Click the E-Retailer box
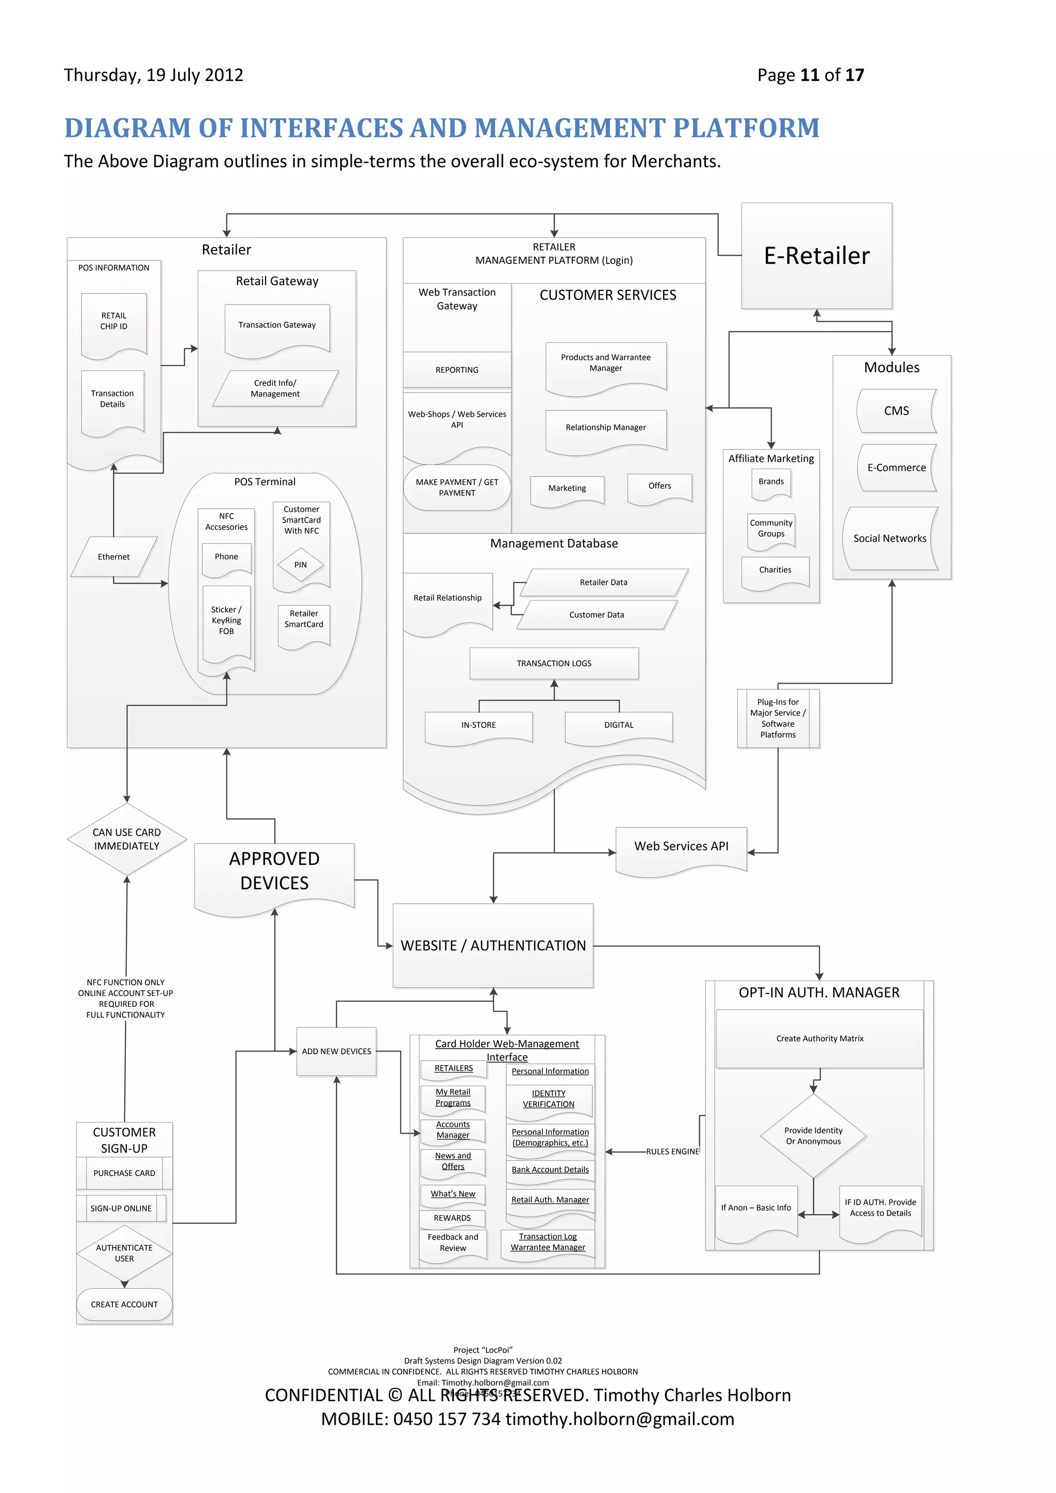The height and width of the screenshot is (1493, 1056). point(816,256)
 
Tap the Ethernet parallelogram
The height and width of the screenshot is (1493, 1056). point(114,557)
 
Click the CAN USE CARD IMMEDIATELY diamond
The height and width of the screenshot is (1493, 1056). point(126,839)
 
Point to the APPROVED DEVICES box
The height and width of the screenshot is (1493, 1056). point(274,871)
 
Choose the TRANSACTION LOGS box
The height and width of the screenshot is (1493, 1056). point(554,663)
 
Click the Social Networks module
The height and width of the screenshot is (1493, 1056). point(889,538)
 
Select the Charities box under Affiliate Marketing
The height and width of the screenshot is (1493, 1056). point(775,570)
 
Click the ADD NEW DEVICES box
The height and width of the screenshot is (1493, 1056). point(336,1052)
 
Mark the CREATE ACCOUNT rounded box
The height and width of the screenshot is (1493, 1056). point(124,1304)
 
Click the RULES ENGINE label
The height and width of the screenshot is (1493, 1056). point(672,1152)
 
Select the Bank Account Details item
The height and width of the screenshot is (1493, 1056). point(550,1170)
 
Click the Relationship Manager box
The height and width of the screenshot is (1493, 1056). point(605,428)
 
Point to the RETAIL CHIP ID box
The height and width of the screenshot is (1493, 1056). point(114,321)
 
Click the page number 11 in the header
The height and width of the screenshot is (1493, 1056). point(809,75)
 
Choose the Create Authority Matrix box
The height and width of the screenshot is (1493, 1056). point(819,1038)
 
